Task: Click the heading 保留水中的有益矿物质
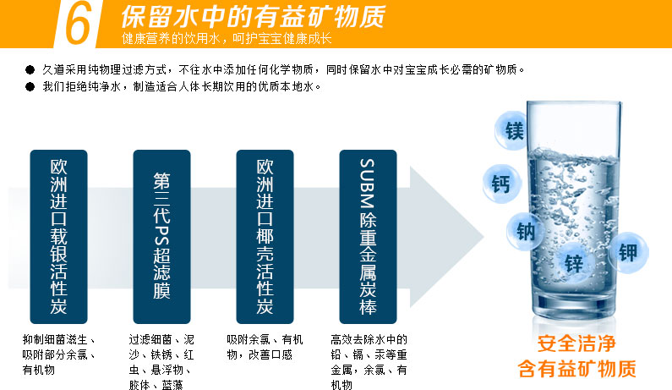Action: [254, 16]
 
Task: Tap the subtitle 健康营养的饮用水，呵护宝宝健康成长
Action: [227, 39]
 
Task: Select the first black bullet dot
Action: [30, 69]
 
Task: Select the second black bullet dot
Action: [30, 86]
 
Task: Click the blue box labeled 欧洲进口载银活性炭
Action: [58, 237]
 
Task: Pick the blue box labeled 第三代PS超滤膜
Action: [161, 237]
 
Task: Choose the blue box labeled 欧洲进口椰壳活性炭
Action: [265, 237]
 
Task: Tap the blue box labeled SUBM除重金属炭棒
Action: [369, 237]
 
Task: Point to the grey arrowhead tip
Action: [484, 237]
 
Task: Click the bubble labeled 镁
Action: [512, 130]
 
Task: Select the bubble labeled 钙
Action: [501, 184]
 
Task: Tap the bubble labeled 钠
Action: [525, 231]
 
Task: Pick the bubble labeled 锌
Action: [574, 263]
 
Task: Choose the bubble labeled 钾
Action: [628, 252]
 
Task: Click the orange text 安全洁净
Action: [576, 343]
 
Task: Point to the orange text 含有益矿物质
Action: [576, 369]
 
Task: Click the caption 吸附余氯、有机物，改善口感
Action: [265, 347]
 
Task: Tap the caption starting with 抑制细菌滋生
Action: [58, 354]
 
